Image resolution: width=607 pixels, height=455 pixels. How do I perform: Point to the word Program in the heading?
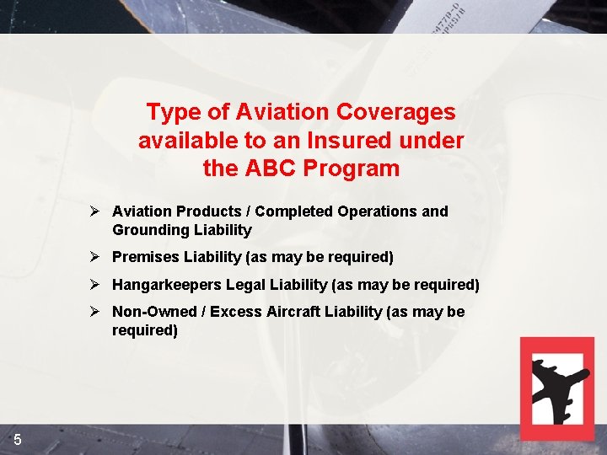click(353, 169)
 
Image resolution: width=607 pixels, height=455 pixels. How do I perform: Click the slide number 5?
click(18, 440)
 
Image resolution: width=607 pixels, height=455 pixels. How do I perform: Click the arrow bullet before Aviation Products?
click(96, 211)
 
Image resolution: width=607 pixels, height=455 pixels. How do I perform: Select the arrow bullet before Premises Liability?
click(96, 255)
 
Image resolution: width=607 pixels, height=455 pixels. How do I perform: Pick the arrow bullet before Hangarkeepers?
click(96, 284)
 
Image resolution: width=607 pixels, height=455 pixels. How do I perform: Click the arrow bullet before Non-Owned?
click(96, 311)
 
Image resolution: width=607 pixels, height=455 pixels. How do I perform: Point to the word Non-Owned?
click(153, 312)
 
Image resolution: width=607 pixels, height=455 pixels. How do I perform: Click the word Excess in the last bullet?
click(235, 312)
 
